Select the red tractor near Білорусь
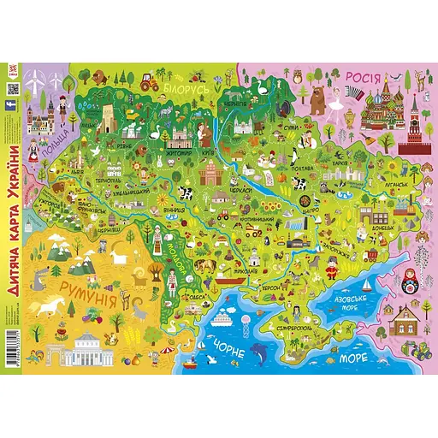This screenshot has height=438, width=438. pos(146,83)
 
